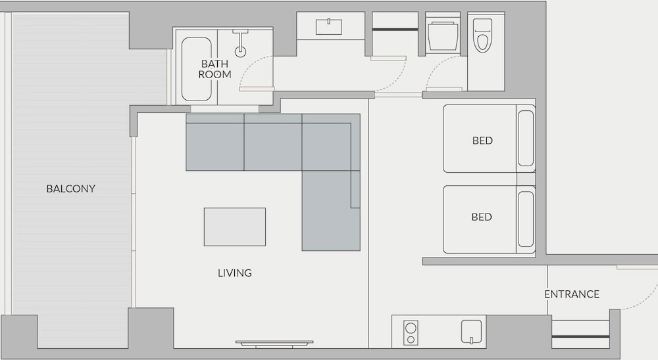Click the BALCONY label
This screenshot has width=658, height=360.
[x=71, y=189]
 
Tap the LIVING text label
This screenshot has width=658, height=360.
[x=235, y=273]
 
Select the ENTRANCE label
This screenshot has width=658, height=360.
[x=572, y=294]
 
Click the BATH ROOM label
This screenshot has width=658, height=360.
[x=215, y=69]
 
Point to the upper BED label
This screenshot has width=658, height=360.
[x=482, y=141]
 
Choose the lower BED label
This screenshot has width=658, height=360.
[x=482, y=217]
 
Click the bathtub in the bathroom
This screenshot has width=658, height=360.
[x=196, y=69]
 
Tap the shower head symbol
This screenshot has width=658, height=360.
[x=240, y=43]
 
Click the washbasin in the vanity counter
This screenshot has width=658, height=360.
[x=328, y=27]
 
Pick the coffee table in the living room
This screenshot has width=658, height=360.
[x=235, y=227]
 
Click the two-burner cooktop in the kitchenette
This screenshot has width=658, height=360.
[x=411, y=333]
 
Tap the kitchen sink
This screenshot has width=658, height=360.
[x=471, y=332]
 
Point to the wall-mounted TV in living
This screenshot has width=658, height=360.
[x=274, y=344]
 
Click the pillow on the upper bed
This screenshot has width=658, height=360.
[x=526, y=139]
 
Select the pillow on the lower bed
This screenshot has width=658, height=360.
[x=526, y=219]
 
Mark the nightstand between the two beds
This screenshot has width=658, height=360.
[x=526, y=179]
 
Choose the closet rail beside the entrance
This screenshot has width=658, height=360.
[x=580, y=336]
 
